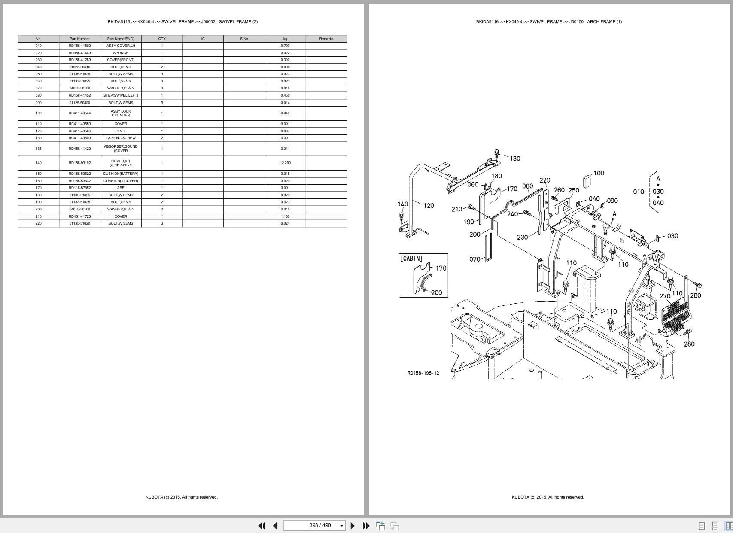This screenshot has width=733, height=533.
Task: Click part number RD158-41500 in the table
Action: pyautogui.click(x=79, y=46)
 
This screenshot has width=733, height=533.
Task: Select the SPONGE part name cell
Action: pyautogui.click(x=121, y=53)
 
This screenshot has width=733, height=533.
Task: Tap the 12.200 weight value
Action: pyautogui.click(x=285, y=163)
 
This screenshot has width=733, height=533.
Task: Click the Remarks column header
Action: pyautogui.click(x=326, y=39)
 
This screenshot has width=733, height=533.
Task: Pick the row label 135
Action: pyautogui.click(x=39, y=149)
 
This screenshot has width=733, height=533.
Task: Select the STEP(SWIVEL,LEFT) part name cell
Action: pyautogui.click(x=121, y=95)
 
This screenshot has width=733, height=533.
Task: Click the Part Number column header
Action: pyautogui.click(x=79, y=39)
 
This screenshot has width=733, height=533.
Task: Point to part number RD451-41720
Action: pyautogui.click(x=79, y=216)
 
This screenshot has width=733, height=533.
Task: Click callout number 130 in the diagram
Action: pyautogui.click(x=515, y=158)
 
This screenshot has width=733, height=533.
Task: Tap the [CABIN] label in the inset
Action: pyautogui.click(x=411, y=259)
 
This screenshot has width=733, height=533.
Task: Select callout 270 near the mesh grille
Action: pyautogui.click(x=665, y=296)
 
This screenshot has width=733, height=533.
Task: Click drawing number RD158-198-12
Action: pyautogui.click(x=423, y=373)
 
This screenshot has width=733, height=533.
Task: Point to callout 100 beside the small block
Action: pyautogui.click(x=599, y=173)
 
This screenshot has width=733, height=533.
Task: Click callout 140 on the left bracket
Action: pyautogui.click(x=403, y=204)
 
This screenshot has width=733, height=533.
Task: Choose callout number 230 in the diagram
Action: pyautogui.click(x=522, y=237)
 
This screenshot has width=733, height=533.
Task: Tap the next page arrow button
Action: pyautogui.click(x=353, y=526)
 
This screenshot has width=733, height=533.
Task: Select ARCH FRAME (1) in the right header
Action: pyautogui.click(x=604, y=21)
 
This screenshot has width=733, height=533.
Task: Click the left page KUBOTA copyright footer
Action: pyautogui.click(x=181, y=497)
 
